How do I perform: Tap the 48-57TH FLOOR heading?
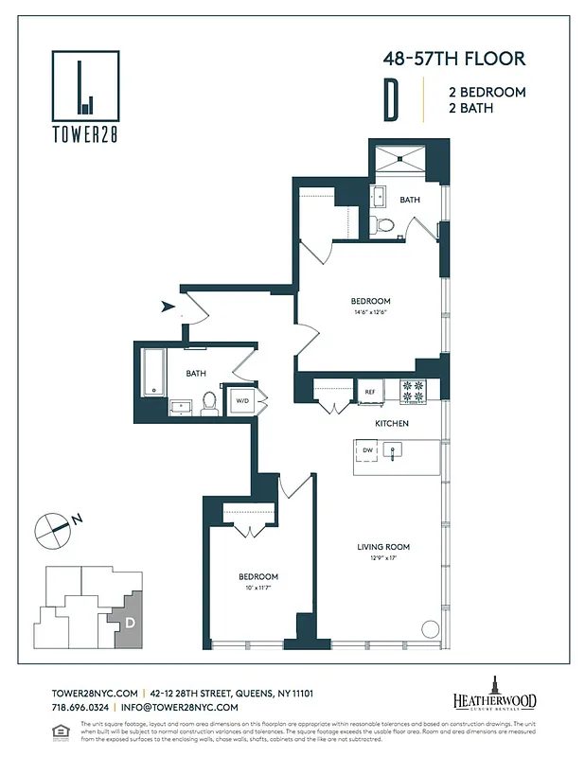453,59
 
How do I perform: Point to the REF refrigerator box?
368,390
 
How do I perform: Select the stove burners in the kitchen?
413,388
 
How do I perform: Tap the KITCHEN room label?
391,424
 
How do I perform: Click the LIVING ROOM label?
383,547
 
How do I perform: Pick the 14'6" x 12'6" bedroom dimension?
371,312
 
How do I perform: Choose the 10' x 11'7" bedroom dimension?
257,588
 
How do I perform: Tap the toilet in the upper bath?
384,225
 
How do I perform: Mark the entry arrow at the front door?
168,306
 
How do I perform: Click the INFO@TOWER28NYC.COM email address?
179,707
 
